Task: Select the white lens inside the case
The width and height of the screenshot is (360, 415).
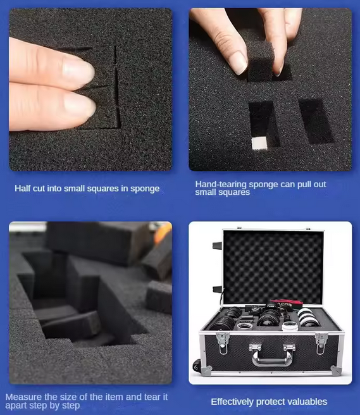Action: click(x=309, y=316)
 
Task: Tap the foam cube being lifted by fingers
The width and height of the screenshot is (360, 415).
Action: click(x=263, y=68)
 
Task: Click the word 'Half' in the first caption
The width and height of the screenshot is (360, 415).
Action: click(x=23, y=189)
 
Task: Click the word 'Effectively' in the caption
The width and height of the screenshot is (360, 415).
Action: click(x=233, y=402)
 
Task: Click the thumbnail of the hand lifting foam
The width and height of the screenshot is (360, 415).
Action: click(x=270, y=89)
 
